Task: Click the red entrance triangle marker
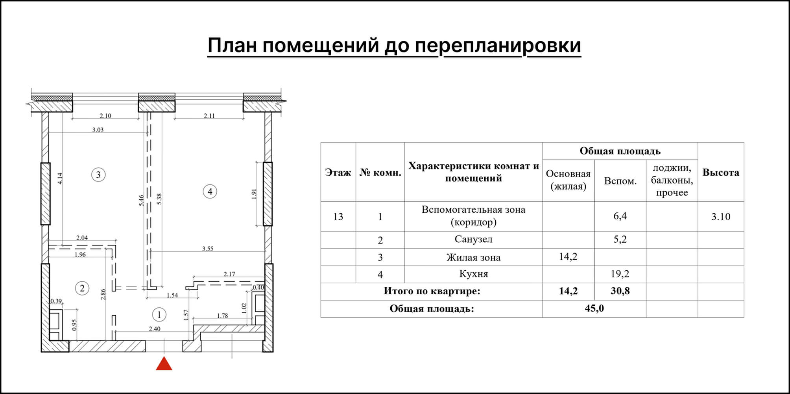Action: click(x=164, y=364)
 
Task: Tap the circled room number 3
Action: click(x=98, y=175)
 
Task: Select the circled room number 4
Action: click(x=210, y=192)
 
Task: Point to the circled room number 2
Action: click(x=82, y=288)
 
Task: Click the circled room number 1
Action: click(x=159, y=314)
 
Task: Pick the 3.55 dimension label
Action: click(x=208, y=249)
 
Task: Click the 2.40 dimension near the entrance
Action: click(x=155, y=329)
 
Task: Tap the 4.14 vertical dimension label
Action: click(x=60, y=178)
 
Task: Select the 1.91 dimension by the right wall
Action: click(x=254, y=194)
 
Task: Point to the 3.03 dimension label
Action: click(x=98, y=130)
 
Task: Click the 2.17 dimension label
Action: click(x=229, y=274)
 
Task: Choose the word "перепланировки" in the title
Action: click(x=498, y=45)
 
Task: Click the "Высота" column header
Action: click(x=720, y=173)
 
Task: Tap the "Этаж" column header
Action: click(x=338, y=173)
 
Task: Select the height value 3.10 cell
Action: click(x=720, y=217)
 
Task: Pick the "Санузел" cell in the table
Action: click(x=473, y=239)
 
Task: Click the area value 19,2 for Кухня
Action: click(x=620, y=274)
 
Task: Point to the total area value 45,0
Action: click(x=594, y=308)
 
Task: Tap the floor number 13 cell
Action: click(x=338, y=217)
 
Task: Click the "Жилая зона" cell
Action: click(x=473, y=258)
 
